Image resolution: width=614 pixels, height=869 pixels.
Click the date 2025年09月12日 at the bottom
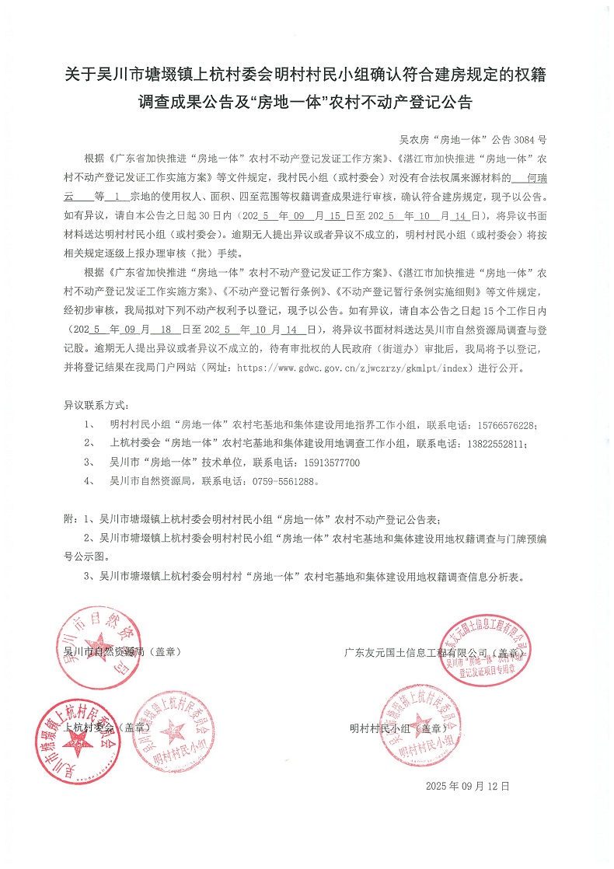(x=468, y=787)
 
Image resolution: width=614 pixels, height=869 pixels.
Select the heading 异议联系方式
(x=98, y=407)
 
